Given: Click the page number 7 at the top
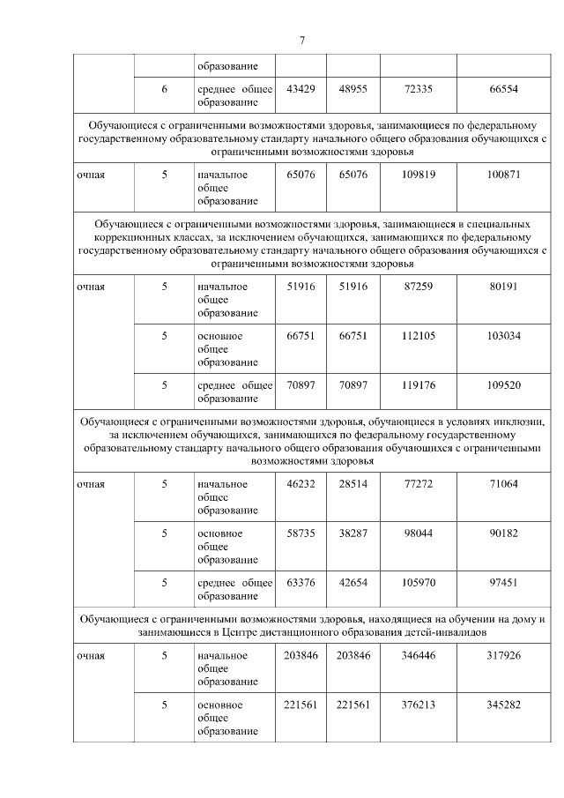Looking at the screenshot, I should pyautogui.click(x=301, y=41).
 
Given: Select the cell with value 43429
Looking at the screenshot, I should pyautogui.click(x=301, y=90).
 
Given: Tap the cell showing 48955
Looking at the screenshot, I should pyautogui.click(x=352, y=90).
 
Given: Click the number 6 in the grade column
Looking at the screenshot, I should pyautogui.click(x=164, y=90).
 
